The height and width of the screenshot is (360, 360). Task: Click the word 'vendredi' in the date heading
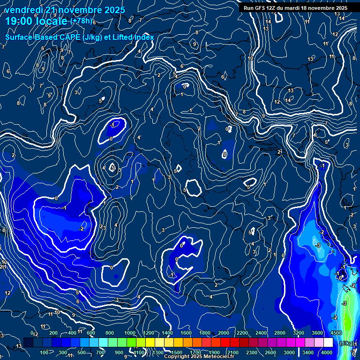coord(22,10)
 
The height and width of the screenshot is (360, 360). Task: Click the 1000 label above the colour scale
coord(129,333)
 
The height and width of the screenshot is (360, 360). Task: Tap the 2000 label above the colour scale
coord(224,333)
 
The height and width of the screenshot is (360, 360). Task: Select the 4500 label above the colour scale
coord(336,333)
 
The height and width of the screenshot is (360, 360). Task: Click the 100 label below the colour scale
coord(44,352)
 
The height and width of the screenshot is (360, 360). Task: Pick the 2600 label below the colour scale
coord(270,352)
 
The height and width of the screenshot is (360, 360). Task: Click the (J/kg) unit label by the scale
coord(346,343)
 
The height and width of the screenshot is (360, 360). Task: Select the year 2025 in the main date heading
coord(114,10)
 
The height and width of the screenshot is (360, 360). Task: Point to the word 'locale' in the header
coord(52,21)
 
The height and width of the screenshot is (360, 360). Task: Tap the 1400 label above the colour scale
coord(167,333)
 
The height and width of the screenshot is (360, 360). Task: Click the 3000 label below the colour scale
coord(289,352)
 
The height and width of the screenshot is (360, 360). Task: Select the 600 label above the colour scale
coord(91,333)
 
